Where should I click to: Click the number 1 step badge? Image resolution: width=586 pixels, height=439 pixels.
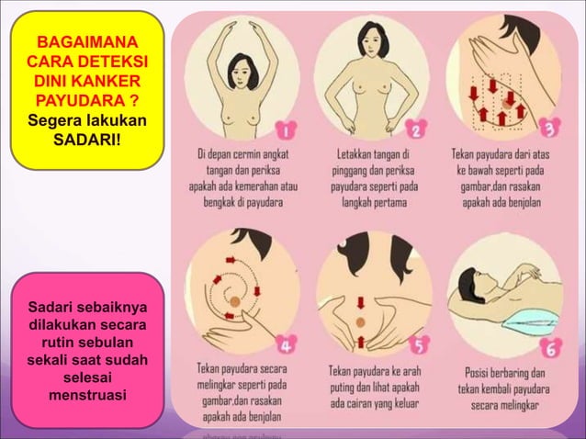click(287, 129)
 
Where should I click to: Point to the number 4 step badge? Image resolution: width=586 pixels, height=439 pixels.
click(287, 346)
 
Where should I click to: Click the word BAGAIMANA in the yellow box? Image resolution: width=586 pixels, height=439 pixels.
click(87, 42)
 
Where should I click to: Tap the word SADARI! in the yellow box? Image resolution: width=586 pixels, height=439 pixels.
click(87, 140)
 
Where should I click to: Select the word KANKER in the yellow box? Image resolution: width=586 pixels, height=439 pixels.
click(108, 81)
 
